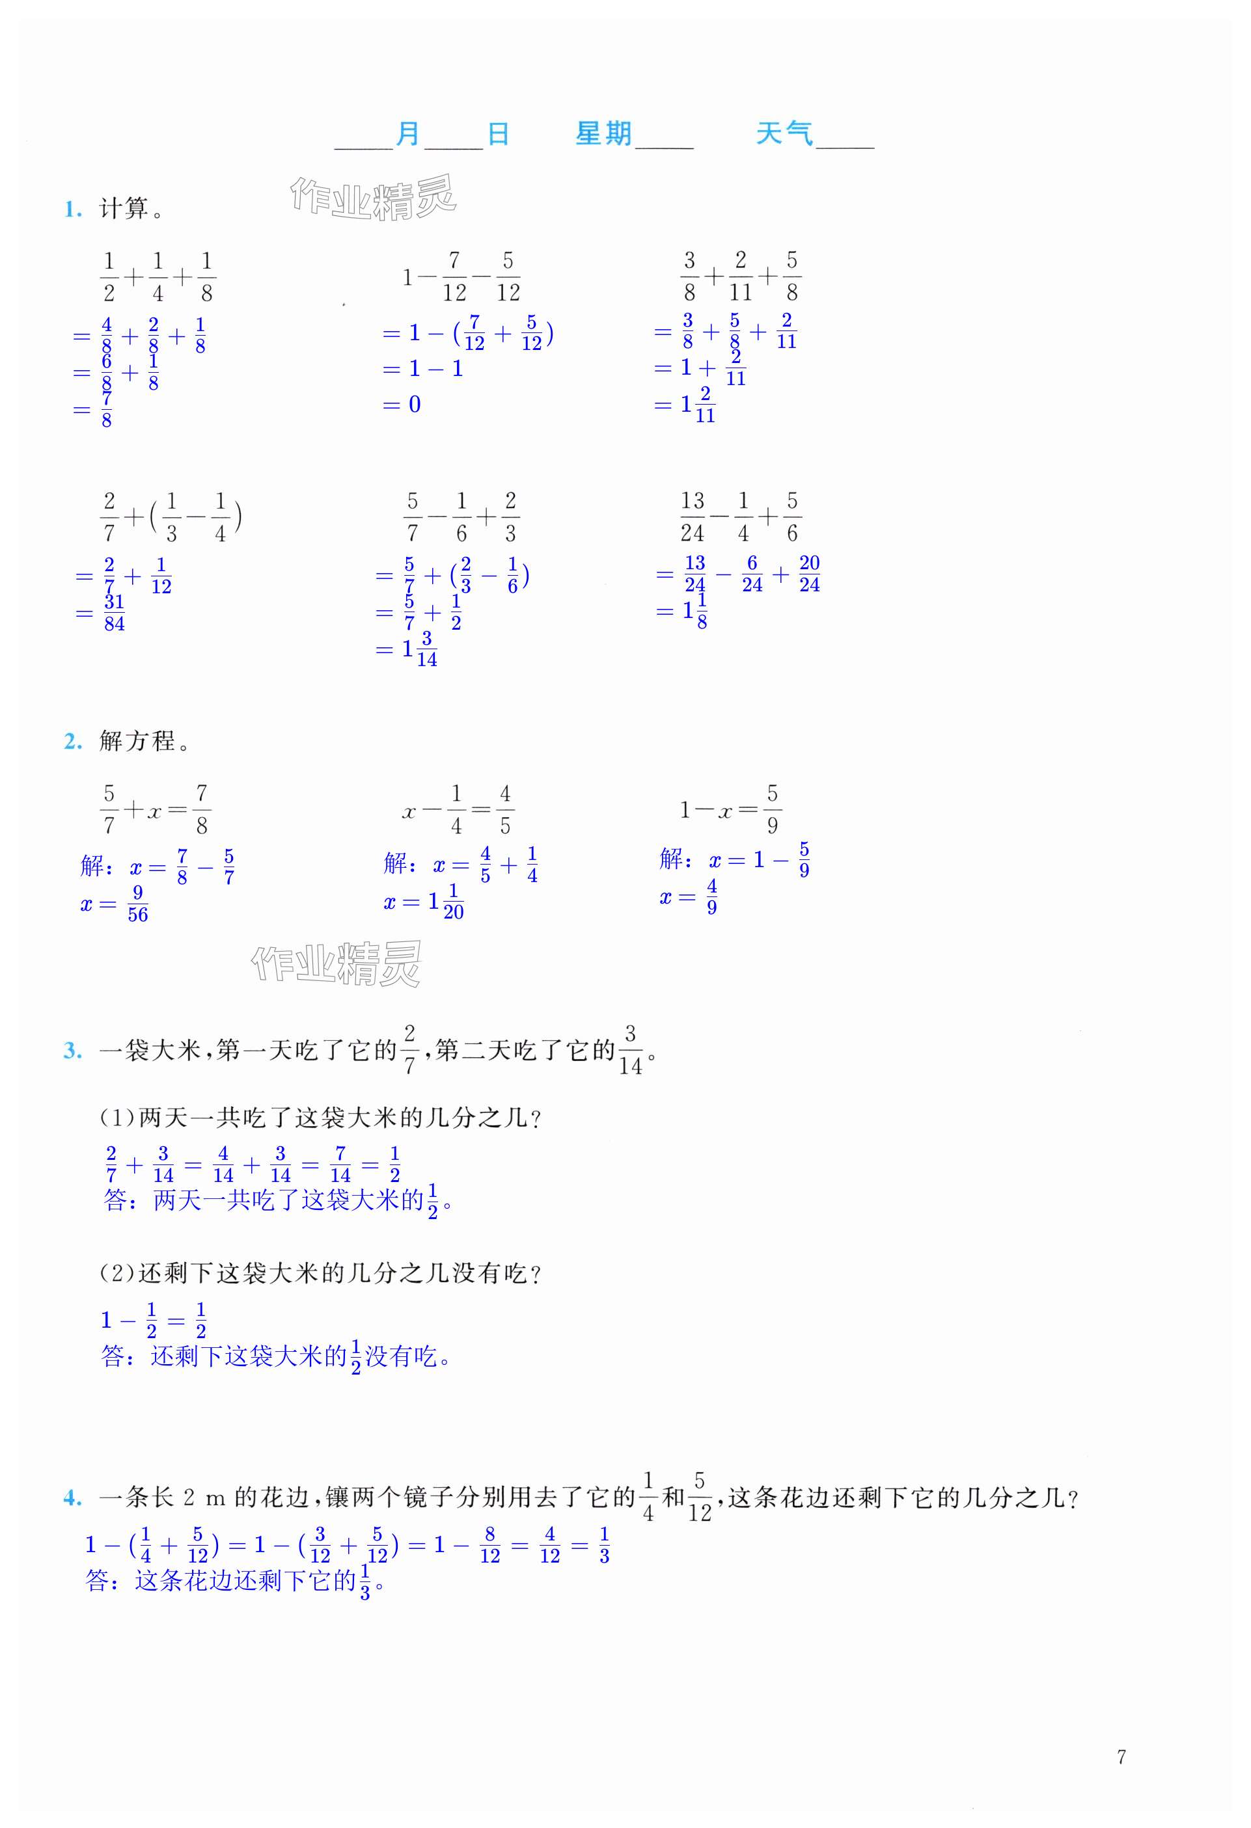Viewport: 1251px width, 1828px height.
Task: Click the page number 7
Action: click(1121, 1756)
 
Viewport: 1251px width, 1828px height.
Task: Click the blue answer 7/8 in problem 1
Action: click(106, 410)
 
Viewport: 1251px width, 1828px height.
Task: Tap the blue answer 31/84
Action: click(114, 613)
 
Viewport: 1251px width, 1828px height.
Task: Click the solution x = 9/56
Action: click(114, 904)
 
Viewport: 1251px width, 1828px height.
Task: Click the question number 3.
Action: click(72, 1052)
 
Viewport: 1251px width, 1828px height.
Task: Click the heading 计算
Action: click(124, 209)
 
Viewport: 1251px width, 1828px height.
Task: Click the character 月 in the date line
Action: click(407, 135)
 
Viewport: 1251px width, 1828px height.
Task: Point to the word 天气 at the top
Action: click(784, 134)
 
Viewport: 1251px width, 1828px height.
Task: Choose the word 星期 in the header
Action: click(603, 134)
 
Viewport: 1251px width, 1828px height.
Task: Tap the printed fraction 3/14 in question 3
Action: click(630, 1050)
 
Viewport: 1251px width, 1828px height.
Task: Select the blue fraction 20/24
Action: click(809, 574)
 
